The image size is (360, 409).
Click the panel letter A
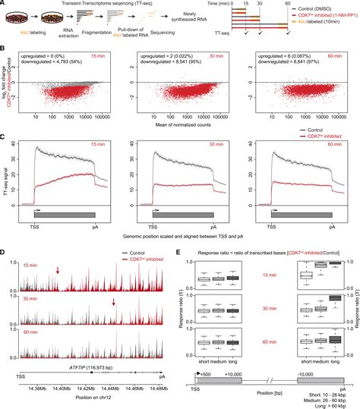(x=5, y=4)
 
